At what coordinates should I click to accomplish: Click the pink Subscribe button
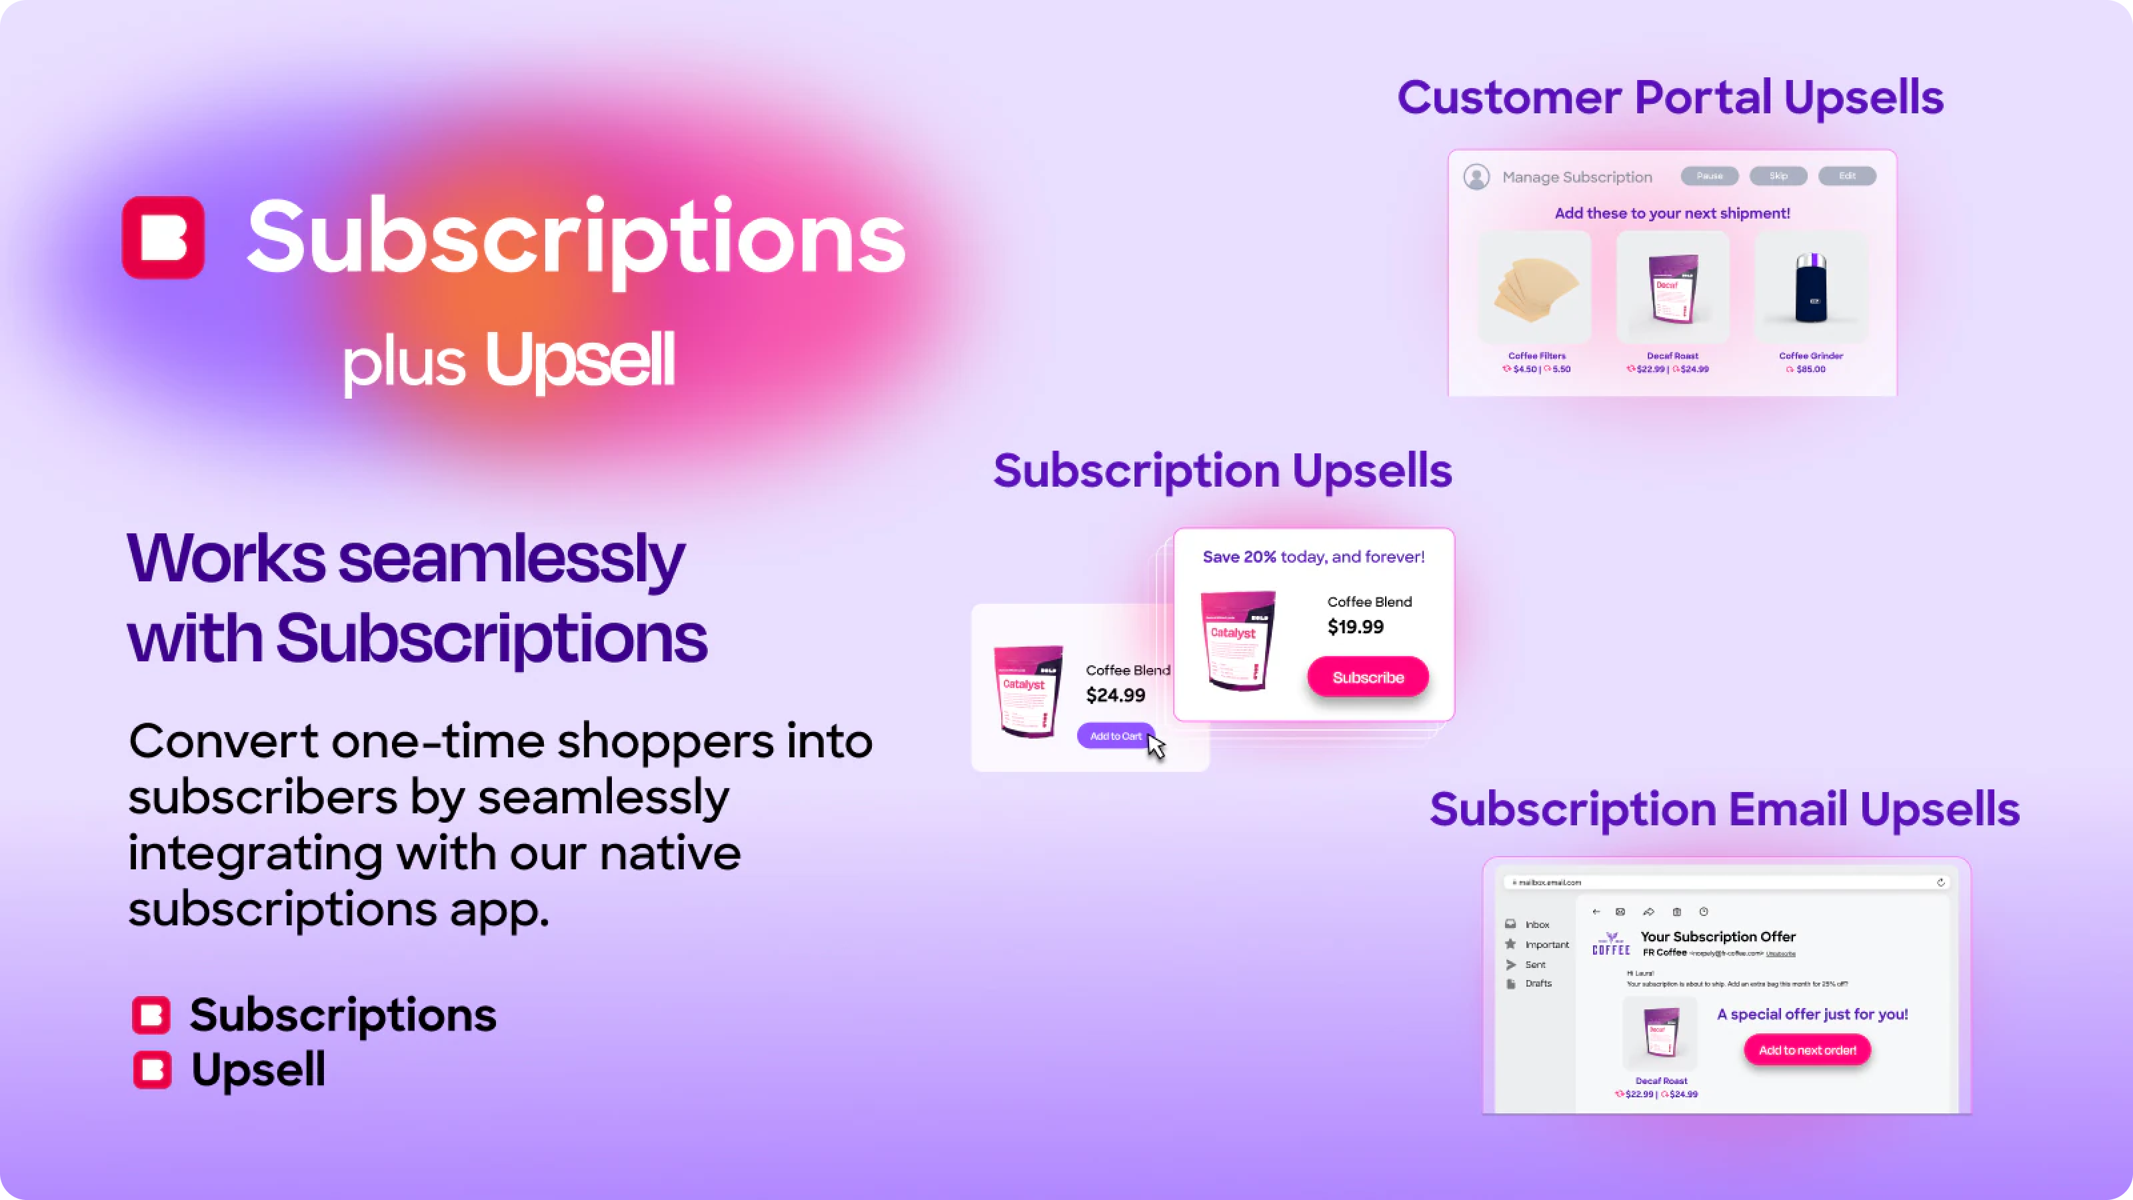tap(1368, 677)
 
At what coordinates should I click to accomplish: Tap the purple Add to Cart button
tap(1114, 735)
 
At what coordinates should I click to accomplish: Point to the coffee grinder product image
tap(1810, 288)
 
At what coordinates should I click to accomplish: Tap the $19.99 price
tap(1356, 627)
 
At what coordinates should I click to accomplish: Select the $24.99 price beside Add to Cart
tap(1115, 695)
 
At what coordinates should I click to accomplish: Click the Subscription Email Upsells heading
tap(1724, 809)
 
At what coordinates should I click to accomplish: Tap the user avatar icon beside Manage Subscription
tap(1476, 177)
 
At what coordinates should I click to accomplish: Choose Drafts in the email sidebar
tap(1538, 983)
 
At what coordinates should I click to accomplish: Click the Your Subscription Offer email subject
tap(1717, 937)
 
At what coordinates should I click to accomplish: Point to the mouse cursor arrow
tap(1156, 745)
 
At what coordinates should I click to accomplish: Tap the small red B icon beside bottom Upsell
tap(153, 1069)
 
